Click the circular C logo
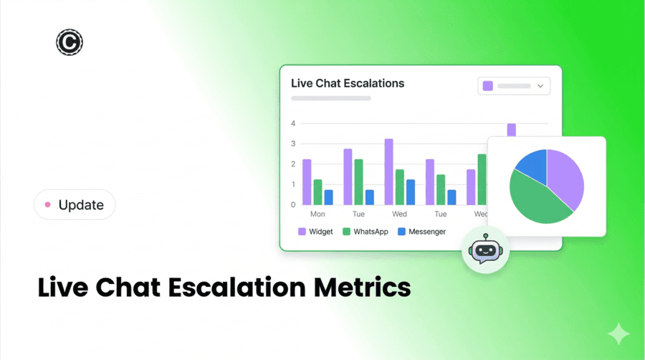tap(70, 43)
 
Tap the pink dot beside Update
tap(48, 205)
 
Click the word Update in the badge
tap(81, 205)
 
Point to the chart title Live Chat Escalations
tap(348, 83)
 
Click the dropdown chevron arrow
tap(540, 86)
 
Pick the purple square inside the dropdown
tap(488, 86)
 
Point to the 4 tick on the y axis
tap(293, 124)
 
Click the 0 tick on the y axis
tap(293, 205)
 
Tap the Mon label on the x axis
tap(317, 214)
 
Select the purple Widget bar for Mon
tap(307, 182)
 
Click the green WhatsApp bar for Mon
tap(317, 192)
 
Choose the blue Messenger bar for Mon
tap(328, 197)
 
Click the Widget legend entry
tap(315, 232)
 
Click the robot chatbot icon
tap(485, 250)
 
